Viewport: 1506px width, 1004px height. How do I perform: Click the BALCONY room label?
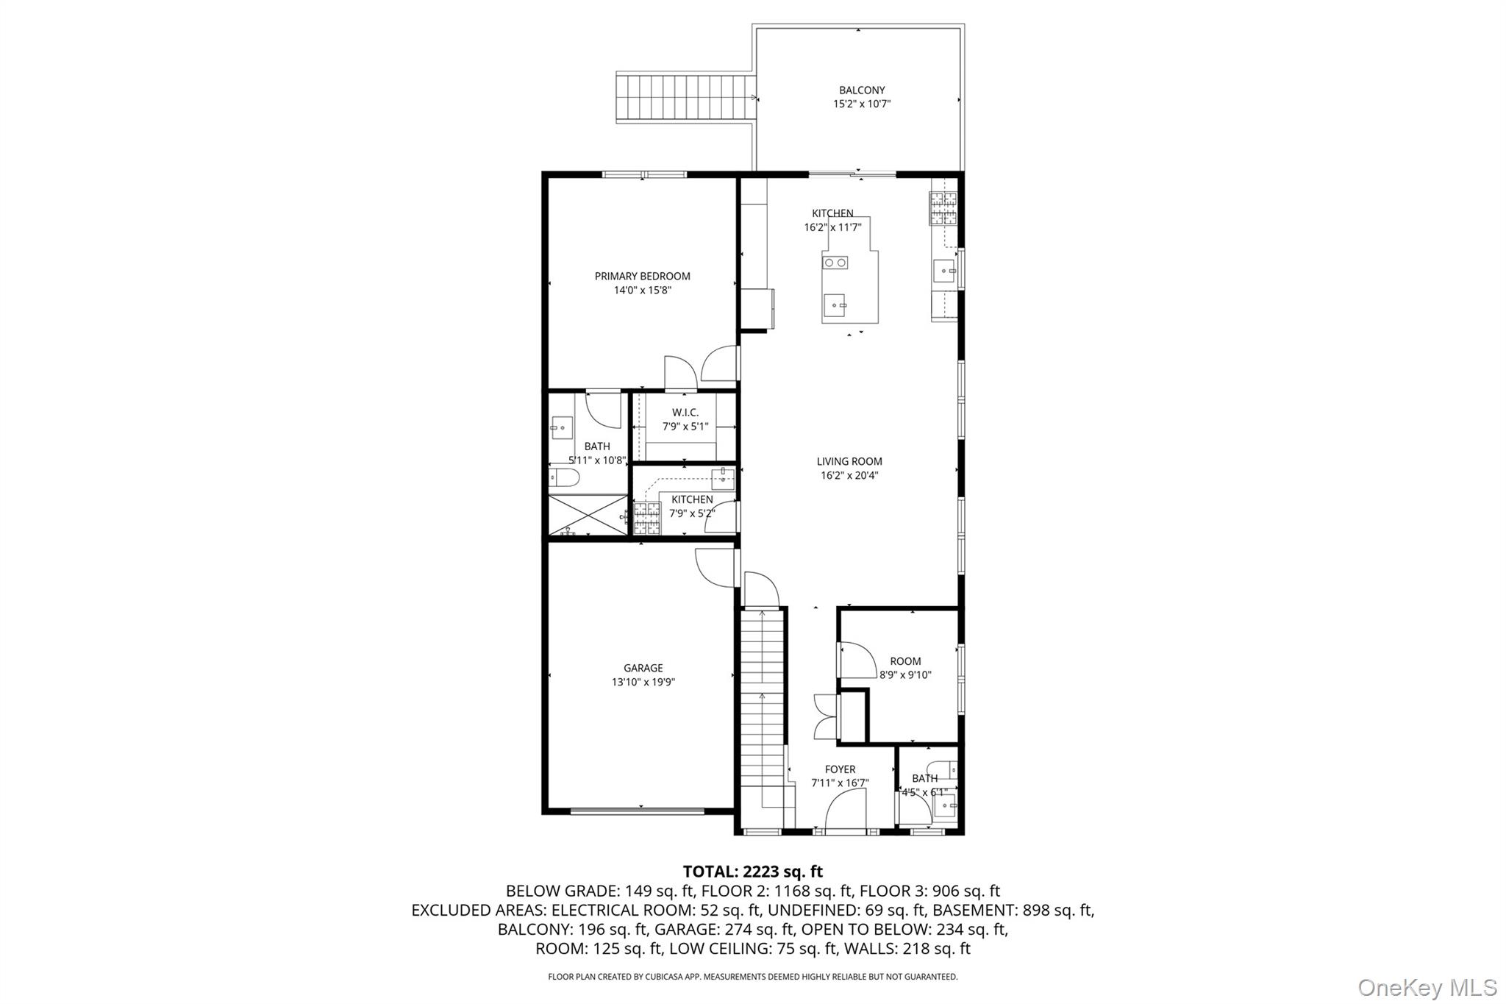(862, 90)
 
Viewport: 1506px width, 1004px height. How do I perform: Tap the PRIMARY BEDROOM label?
(642, 277)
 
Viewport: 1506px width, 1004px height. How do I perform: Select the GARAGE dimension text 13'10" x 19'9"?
(643, 682)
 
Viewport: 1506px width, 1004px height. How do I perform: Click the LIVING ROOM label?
(849, 462)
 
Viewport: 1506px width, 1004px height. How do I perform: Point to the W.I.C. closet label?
(685, 413)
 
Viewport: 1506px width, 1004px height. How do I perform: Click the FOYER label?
(840, 769)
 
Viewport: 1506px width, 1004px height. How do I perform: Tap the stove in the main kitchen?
(943, 208)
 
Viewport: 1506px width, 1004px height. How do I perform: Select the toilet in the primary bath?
(564, 478)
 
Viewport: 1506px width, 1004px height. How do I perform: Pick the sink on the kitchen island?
(835, 303)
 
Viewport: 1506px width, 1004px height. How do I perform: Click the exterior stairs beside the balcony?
(685, 99)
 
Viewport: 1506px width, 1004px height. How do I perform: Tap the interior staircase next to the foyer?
(762, 706)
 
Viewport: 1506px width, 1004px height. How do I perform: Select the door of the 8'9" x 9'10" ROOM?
(855, 661)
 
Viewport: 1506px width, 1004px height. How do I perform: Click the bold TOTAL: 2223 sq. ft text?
(752, 872)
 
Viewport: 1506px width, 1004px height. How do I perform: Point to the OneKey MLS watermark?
(1427, 987)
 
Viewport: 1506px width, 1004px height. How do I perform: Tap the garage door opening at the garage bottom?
(638, 811)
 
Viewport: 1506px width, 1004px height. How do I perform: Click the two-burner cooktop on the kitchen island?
(835, 263)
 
